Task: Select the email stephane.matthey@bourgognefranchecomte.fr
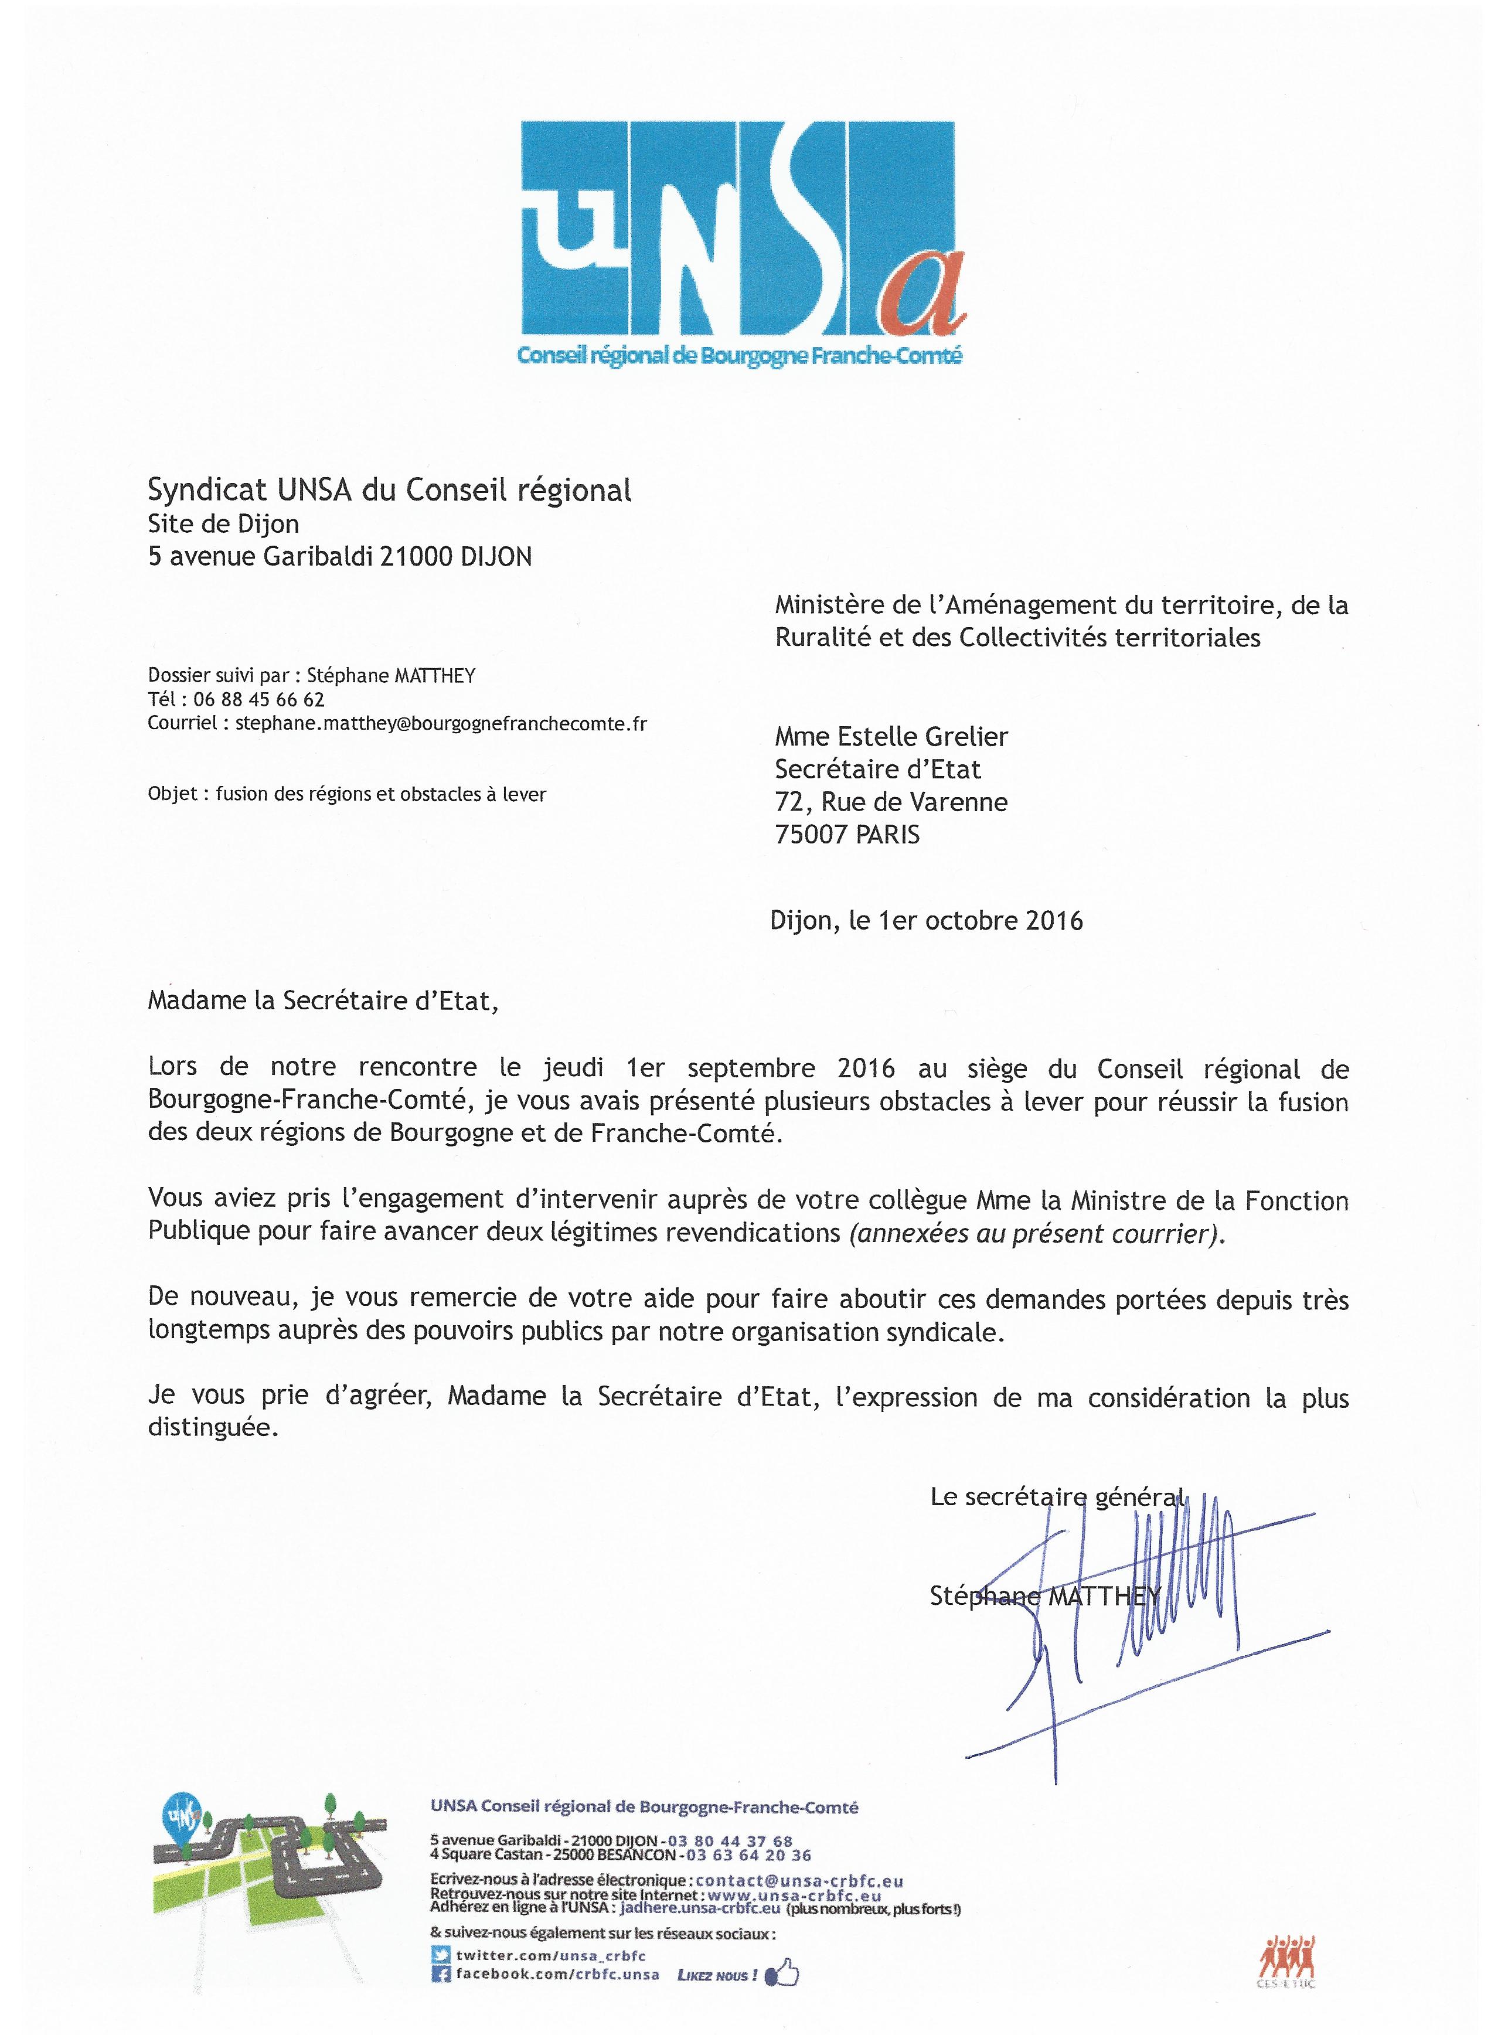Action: [440, 723]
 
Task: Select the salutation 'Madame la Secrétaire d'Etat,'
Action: [322, 1001]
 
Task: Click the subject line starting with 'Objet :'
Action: [346, 794]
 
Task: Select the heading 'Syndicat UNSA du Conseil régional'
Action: [389, 490]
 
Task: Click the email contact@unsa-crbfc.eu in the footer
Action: [799, 1881]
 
